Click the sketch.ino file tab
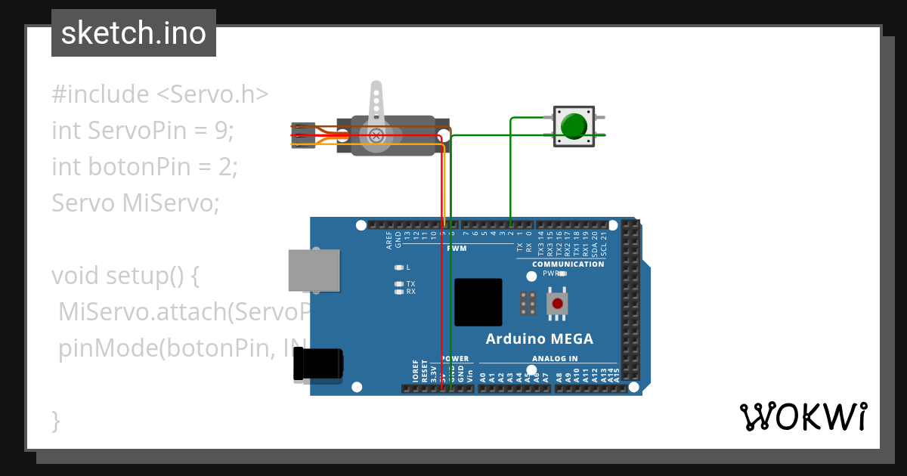tap(134, 33)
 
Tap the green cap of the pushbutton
tap(575, 125)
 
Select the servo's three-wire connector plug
tap(303, 134)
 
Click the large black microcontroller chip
tap(478, 302)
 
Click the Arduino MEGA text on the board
tap(539, 338)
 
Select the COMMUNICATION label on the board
tap(568, 264)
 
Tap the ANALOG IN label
tap(555, 359)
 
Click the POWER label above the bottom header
tap(455, 359)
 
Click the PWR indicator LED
tap(562, 274)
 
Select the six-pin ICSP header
tap(528, 303)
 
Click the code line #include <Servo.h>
tap(160, 94)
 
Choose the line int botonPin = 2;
tap(144, 167)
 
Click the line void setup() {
tap(125, 275)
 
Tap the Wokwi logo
tap(803, 416)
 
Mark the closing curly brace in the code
tap(55, 420)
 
